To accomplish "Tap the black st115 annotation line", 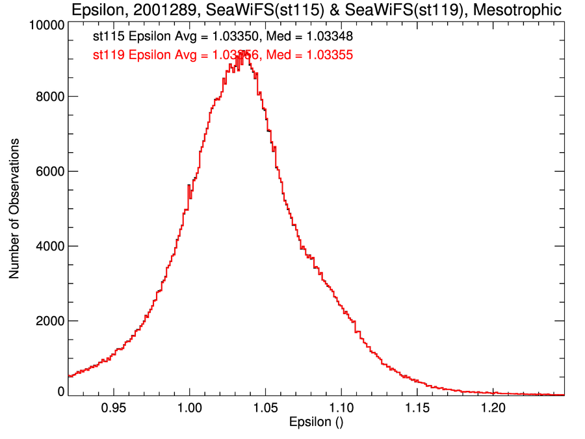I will (x=223, y=37).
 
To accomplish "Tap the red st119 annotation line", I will (x=223, y=55).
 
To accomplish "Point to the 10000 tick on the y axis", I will (x=46, y=25).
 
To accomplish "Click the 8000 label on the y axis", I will (x=49, y=96).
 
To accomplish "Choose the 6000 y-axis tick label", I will (x=49, y=171).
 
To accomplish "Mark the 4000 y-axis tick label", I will (x=49, y=246).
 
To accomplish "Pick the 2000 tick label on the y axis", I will (x=49, y=321).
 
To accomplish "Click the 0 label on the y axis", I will (x=60, y=391).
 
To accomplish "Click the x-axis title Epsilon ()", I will (x=316, y=422).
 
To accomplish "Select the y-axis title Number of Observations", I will (x=14, y=208).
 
